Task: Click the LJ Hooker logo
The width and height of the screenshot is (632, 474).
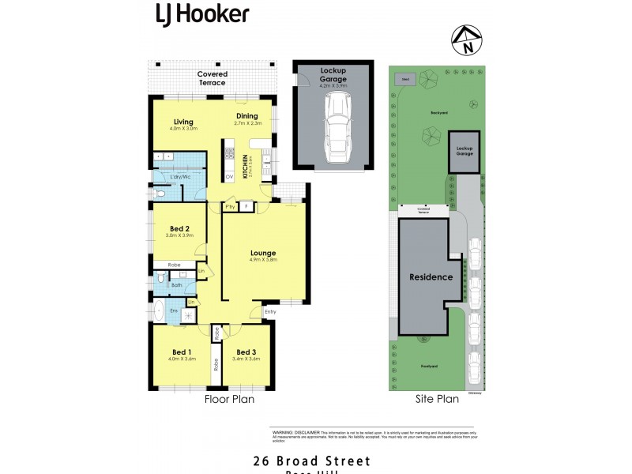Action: (201, 13)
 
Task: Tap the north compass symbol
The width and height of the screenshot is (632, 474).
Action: (467, 41)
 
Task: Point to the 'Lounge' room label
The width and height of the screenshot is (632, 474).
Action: (263, 253)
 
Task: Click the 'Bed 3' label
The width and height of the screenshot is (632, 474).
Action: (246, 352)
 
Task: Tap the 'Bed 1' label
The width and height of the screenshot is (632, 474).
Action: (182, 352)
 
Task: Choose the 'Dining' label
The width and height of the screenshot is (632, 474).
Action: (247, 117)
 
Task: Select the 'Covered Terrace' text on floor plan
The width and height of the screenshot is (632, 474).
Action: (212, 78)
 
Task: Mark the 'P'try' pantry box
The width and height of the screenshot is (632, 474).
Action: (230, 207)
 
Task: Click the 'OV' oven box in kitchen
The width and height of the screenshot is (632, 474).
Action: (229, 177)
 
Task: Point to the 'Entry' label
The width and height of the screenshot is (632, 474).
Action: (270, 311)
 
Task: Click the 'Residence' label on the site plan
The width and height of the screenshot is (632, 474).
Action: (431, 276)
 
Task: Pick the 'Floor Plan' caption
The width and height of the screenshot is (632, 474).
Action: (230, 399)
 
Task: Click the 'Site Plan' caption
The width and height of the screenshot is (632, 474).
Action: (437, 399)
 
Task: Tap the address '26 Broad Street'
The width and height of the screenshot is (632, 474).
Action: (311, 461)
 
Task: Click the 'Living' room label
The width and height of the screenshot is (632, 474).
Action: (184, 122)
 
